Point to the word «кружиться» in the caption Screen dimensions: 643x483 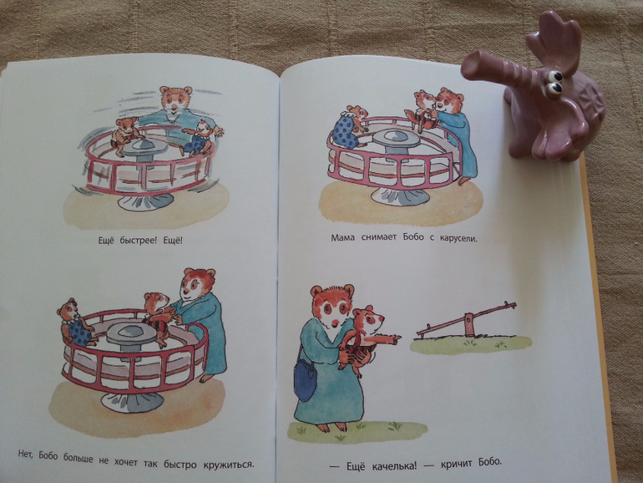[x=229, y=465]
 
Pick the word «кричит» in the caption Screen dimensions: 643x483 [x=456, y=465]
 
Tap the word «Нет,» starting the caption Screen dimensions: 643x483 [x=27, y=455]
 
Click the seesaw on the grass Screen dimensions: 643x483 [x=466, y=321]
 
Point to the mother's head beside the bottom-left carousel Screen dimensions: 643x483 [x=198, y=285]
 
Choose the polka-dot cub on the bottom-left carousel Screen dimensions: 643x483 [x=75, y=322]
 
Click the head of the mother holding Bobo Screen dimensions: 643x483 [x=332, y=305]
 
